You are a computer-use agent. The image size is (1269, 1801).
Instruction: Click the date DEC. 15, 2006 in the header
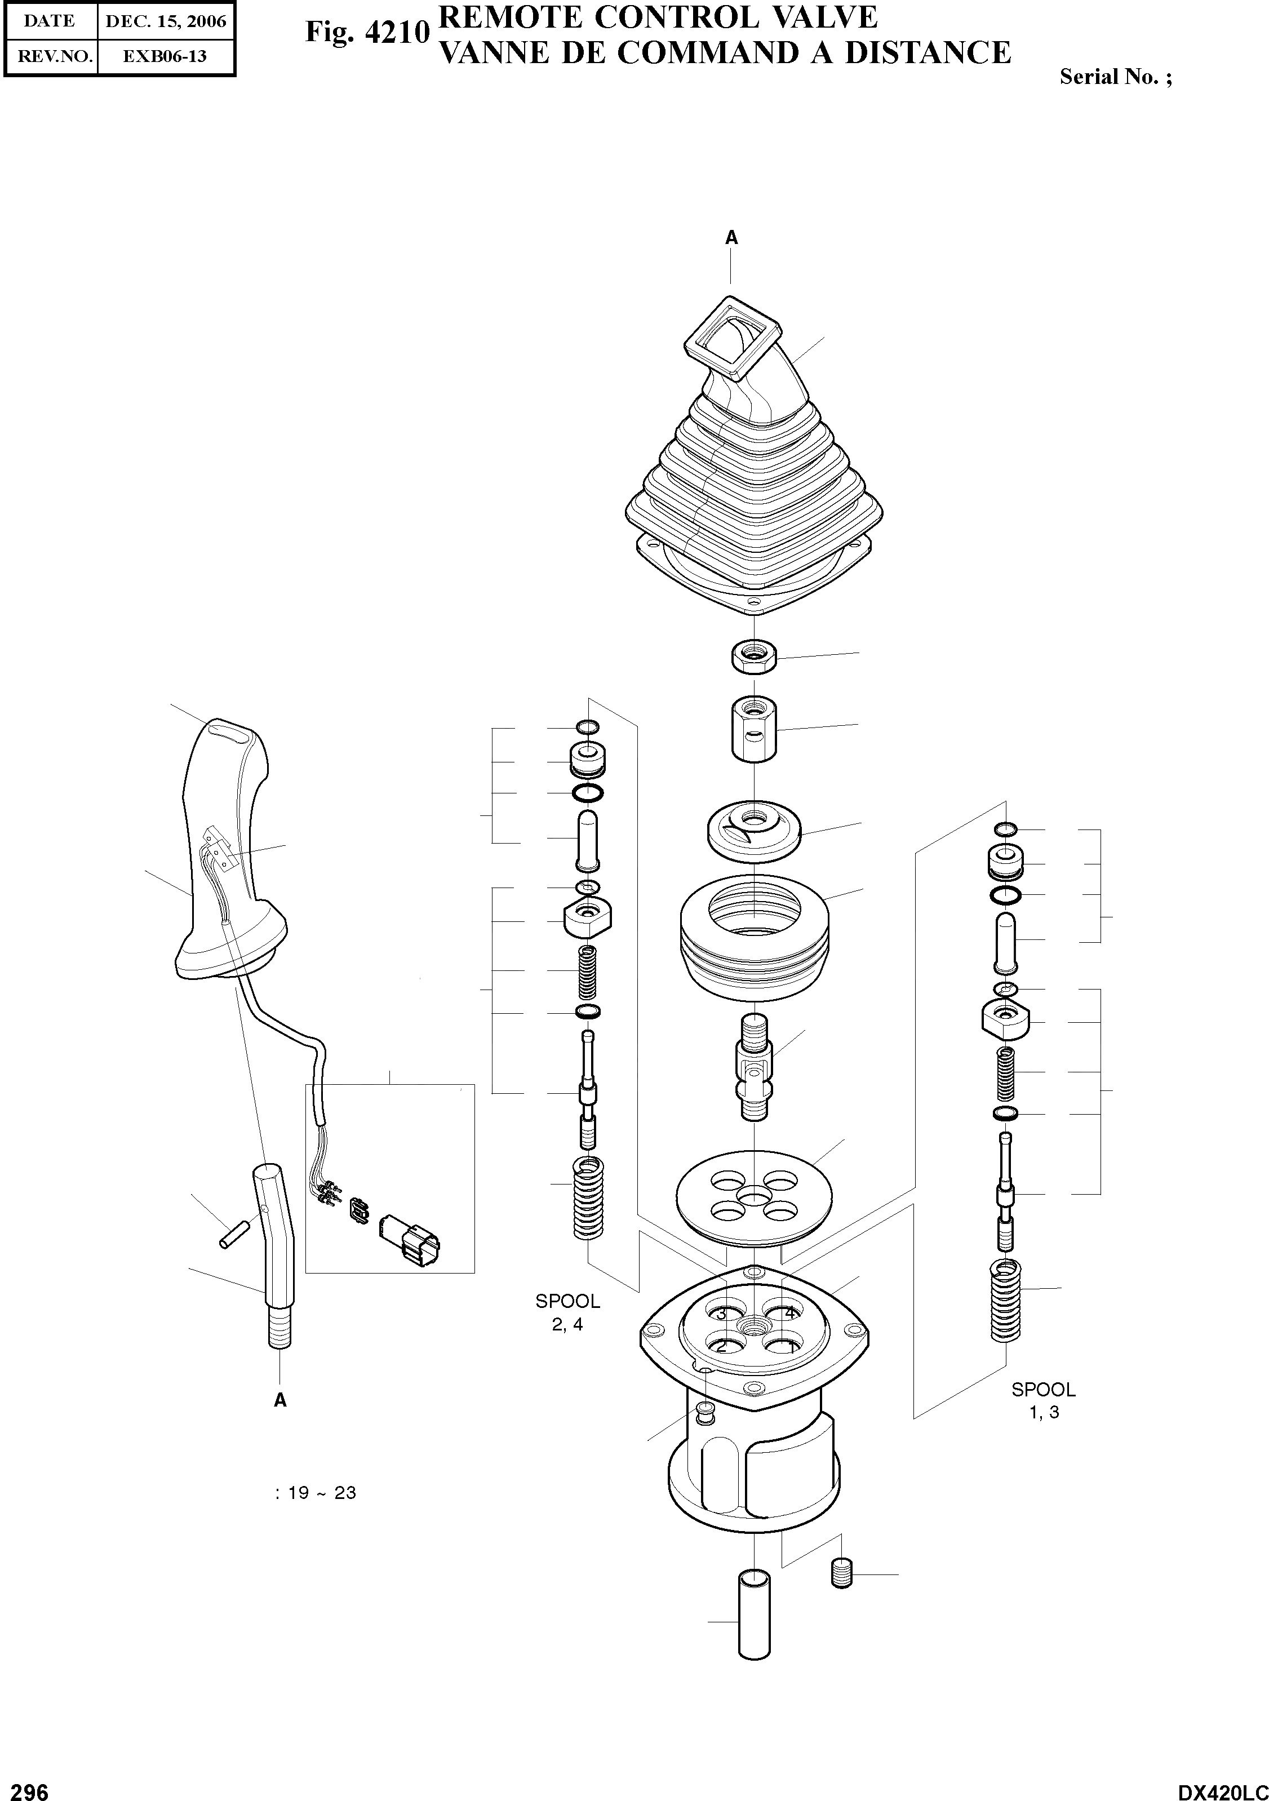pos(166,21)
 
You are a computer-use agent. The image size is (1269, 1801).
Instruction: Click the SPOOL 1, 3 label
pos(1043,1400)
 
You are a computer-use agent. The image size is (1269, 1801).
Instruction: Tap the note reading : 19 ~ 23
pos(316,1493)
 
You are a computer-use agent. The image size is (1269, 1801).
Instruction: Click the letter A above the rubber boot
pos(731,238)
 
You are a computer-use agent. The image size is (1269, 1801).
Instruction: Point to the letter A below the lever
pos(280,1400)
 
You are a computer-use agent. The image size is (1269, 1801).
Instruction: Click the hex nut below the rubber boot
pos(755,656)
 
